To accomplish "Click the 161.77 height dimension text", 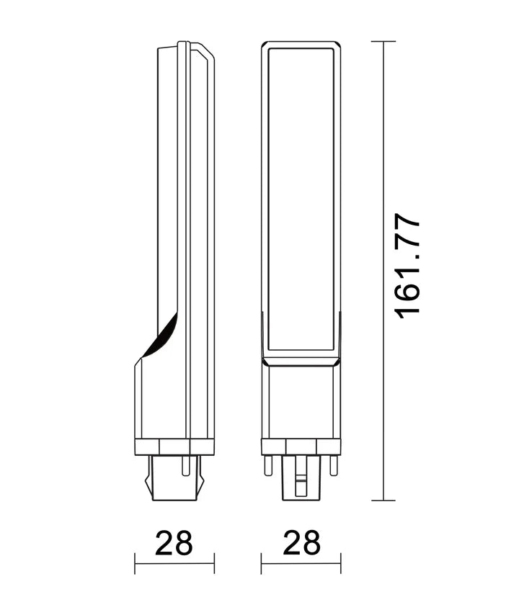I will [408, 265].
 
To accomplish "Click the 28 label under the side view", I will [174, 543].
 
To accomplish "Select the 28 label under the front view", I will [301, 543].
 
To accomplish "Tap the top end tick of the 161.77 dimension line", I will [383, 42].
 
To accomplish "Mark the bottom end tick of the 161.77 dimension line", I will [383, 501].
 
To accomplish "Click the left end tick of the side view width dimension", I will [135, 563].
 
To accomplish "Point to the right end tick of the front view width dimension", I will [340, 563].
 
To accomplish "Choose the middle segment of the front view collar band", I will [301, 447].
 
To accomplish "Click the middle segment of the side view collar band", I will [174, 447].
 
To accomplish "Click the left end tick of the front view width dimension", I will [262, 563].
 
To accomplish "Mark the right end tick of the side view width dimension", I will [214, 563].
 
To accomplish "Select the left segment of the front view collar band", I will [274, 447].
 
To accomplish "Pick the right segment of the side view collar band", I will [203, 447].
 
